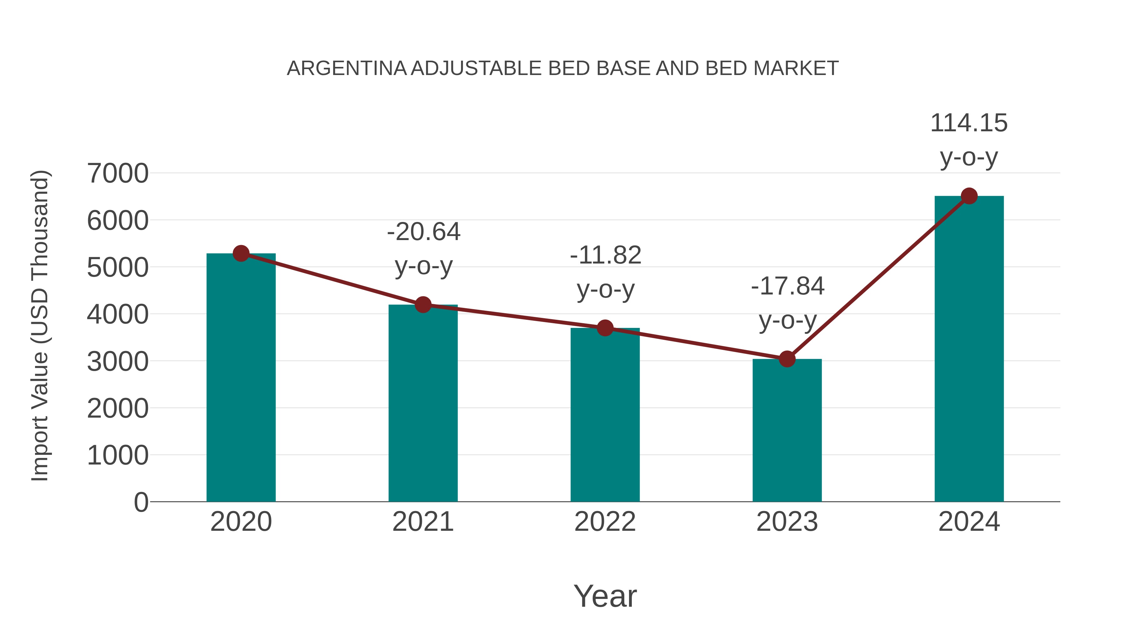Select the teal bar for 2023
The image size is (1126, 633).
[x=787, y=430]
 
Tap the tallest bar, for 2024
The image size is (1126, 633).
[x=969, y=349]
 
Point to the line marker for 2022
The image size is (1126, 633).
[x=605, y=328]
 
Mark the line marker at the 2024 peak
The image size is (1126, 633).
[x=969, y=196]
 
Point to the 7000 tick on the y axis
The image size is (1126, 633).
[x=118, y=173]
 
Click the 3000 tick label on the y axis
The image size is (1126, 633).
[x=118, y=362]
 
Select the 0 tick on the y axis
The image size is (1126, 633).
[x=141, y=502]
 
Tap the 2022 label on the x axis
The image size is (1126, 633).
[x=605, y=522]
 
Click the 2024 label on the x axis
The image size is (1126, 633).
[x=969, y=522]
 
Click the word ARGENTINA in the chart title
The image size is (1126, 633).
[x=347, y=68]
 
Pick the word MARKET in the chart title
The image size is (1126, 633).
[x=795, y=68]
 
